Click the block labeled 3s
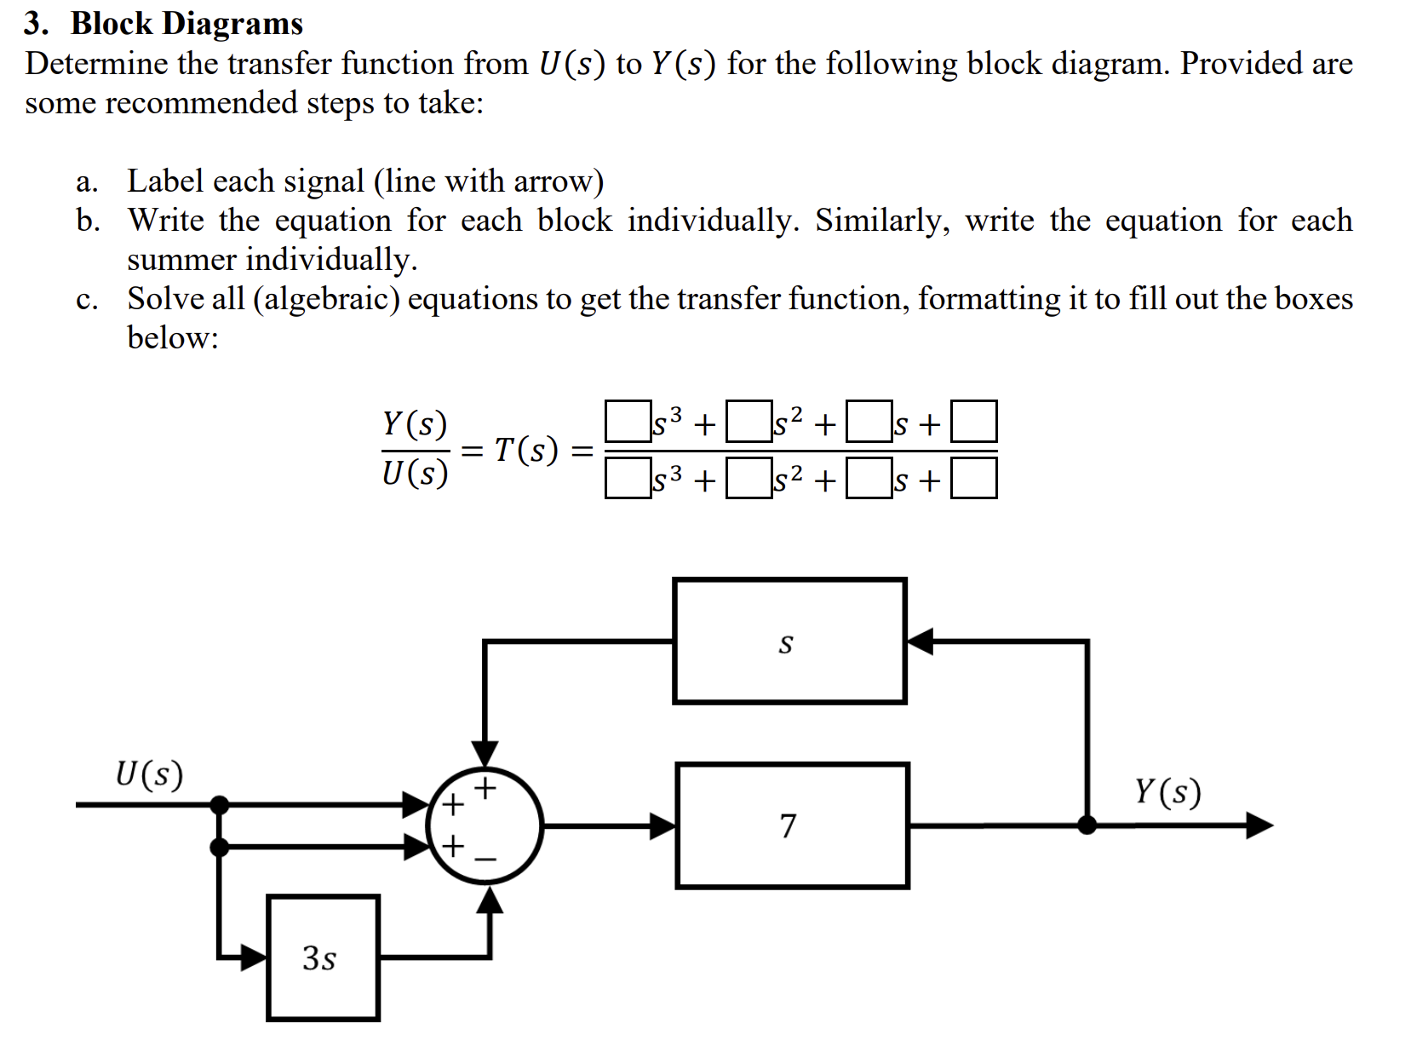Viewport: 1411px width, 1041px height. pyautogui.click(x=323, y=958)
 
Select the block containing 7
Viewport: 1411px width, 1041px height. pyautogui.click(x=792, y=825)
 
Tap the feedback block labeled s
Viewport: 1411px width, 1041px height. pyautogui.click(x=789, y=641)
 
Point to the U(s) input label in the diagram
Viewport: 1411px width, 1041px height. pyautogui.click(x=149, y=774)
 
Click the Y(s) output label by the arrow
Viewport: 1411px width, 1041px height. pyautogui.click(x=1167, y=792)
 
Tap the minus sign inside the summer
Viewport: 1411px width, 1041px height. pyautogui.click(x=485, y=860)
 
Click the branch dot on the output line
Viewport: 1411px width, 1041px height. pyautogui.click(x=1087, y=825)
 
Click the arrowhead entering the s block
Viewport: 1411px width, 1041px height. pyautogui.click(x=921, y=641)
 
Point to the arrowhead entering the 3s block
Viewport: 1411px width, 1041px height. pyautogui.click(x=253, y=958)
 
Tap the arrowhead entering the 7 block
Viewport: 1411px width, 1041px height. pyautogui.click(x=662, y=825)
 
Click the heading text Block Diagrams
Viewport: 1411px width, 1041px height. pyautogui.click(x=186, y=23)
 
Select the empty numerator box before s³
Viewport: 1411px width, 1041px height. pyautogui.click(x=627, y=422)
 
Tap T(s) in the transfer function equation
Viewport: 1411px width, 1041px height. pyautogui.click(x=526, y=449)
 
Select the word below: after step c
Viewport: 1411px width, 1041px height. pyautogui.click(x=173, y=337)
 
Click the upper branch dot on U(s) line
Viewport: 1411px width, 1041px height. pyautogui.click(x=220, y=803)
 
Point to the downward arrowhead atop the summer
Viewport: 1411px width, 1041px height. pyautogui.click(x=485, y=753)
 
